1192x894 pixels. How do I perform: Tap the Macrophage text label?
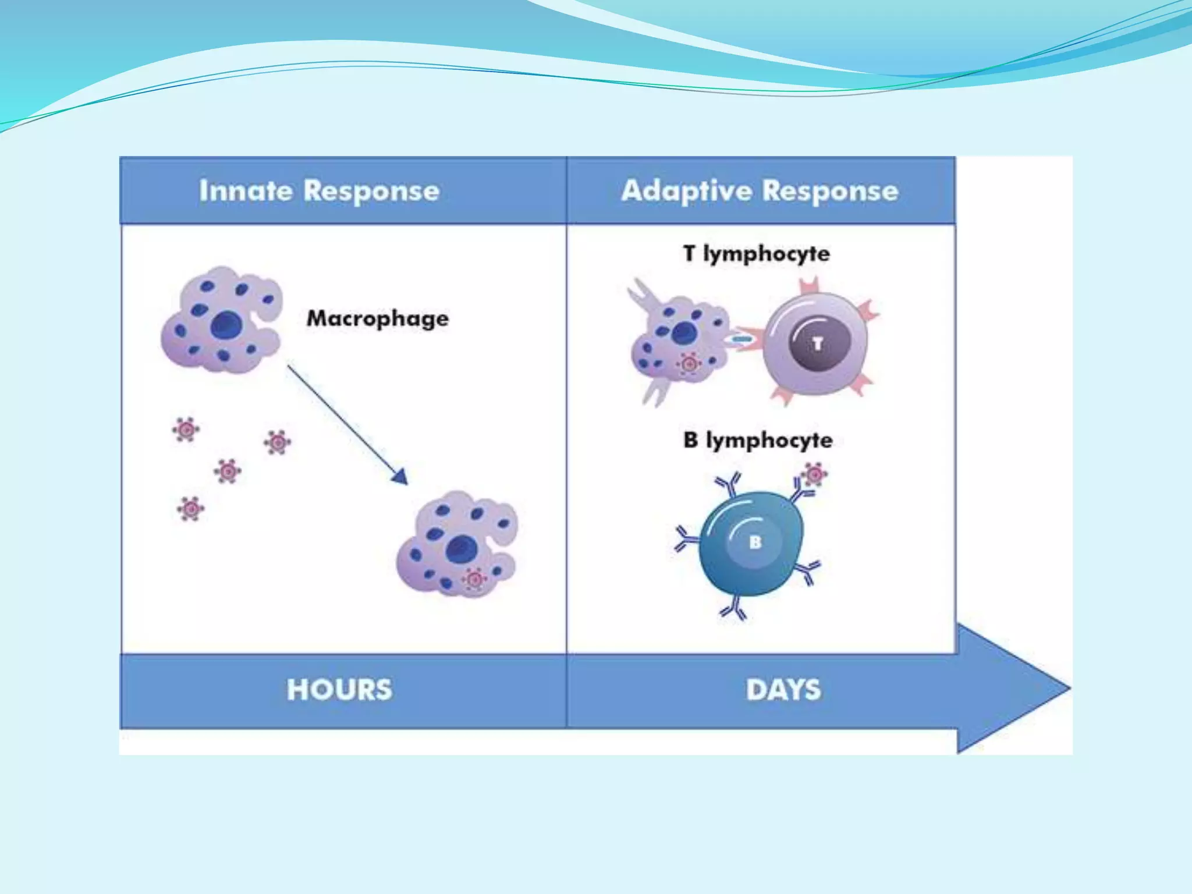378,318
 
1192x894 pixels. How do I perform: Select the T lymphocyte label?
757,254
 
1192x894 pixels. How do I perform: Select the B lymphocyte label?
758,441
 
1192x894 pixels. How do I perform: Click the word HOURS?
339,690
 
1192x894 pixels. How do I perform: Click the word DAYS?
783,690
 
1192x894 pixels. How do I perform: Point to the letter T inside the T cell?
818,344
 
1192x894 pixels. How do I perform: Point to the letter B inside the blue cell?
755,542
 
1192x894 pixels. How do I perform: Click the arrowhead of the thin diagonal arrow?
400,477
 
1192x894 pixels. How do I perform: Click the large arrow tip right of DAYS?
1048,688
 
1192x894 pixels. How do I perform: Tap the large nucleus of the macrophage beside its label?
226,325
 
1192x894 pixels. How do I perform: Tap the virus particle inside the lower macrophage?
474,580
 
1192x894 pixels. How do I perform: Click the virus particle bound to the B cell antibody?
815,475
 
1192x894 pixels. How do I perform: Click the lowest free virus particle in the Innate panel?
190,509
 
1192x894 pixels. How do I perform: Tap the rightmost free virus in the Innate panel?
277,442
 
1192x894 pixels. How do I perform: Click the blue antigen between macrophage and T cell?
741,339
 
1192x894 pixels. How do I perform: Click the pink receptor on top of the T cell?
809,287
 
